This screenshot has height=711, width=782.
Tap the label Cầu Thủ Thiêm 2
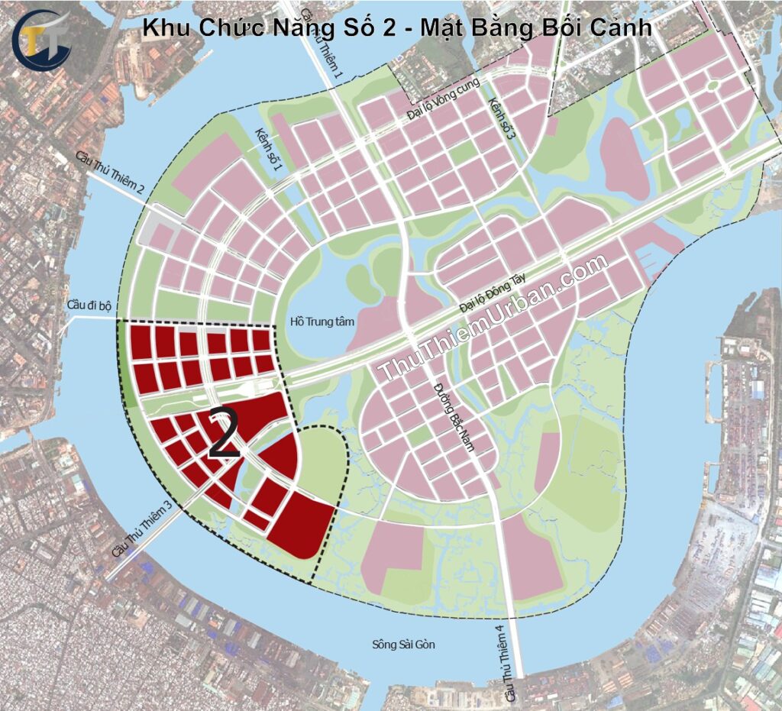click(110, 175)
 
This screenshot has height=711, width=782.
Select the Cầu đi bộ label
click(89, 305)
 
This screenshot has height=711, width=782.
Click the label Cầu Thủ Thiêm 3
click(141, 528)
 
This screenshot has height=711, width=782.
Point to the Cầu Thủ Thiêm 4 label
click(502, 664)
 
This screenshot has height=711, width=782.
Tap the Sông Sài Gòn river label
click(403, 644)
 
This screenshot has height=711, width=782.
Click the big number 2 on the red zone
click(224, 434)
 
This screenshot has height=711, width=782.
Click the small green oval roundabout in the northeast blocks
click(713, 86)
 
